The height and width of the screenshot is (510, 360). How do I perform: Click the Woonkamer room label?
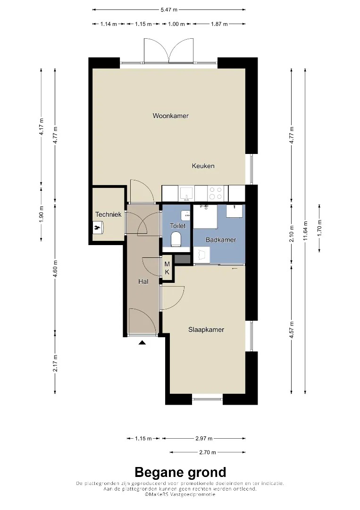[171, 116]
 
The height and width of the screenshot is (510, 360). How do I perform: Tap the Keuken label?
[203, 166]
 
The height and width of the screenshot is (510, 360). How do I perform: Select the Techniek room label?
[108, 214]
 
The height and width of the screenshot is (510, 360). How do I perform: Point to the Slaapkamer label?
[206, 330]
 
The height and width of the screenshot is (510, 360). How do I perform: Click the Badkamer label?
[221, 240]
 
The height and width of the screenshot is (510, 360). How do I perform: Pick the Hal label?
[143, 281]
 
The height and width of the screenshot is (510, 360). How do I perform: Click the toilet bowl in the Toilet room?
[176, 239]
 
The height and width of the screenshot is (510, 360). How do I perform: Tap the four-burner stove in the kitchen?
[216, 193]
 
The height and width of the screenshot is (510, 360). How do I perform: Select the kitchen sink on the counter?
[186, 194]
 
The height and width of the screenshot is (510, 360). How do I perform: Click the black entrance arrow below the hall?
[142, 342]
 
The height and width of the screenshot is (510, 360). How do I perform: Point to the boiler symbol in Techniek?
[98, 227]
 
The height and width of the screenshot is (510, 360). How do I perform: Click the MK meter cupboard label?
[167, 268]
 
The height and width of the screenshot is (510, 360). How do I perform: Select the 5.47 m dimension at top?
[169, 10]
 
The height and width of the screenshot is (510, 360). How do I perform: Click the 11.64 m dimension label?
[305, 231]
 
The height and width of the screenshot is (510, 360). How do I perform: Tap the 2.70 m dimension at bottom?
[208, 452]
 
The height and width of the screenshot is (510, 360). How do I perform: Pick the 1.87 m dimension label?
[219, 24]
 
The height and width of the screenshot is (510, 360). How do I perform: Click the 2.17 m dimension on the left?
[55, 363]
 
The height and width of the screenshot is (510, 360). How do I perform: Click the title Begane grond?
[180, 472]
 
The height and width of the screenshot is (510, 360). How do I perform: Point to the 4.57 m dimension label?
[292, 330]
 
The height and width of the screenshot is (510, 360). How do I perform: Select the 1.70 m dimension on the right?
[319, 228]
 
